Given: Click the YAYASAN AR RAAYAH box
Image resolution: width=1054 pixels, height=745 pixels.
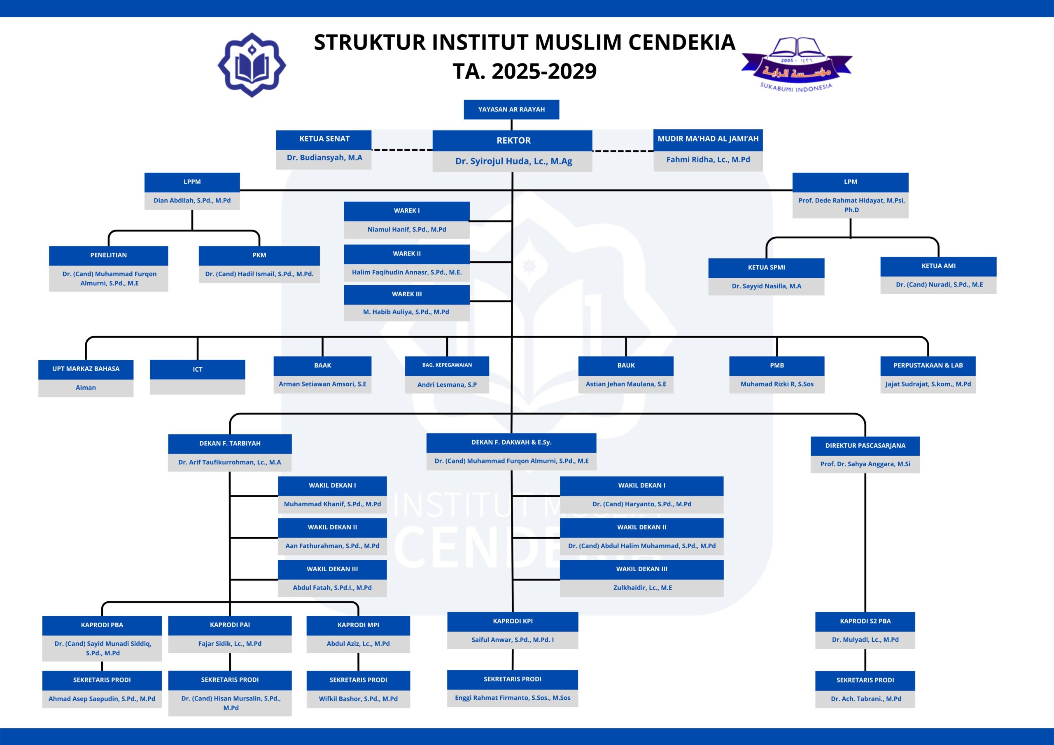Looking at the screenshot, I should [511, 109].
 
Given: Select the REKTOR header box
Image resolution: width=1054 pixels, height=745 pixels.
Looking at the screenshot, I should [512, 140].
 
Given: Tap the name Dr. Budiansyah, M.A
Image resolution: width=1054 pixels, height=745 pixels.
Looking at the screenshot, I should [324, 158].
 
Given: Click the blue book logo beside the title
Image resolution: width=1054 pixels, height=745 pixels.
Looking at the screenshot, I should [252, 65].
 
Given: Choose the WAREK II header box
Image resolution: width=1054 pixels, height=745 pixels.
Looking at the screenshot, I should [406, 254].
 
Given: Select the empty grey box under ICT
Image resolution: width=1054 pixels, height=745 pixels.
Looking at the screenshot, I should [197, 386].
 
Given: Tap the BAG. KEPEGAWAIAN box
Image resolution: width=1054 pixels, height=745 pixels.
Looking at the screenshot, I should [447, 365].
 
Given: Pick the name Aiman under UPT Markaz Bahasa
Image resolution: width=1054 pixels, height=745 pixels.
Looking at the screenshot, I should [86, 387].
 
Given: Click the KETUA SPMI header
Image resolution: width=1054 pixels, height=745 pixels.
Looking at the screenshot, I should [766, 267].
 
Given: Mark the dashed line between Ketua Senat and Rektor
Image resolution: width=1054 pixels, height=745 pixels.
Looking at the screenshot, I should [402, 150].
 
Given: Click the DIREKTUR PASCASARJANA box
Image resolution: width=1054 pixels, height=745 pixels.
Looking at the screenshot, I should [865, 445].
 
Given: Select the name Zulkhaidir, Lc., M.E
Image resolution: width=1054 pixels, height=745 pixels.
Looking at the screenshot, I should [642, 587].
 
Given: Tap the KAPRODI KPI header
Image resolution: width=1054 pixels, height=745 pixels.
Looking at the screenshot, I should [512, 621].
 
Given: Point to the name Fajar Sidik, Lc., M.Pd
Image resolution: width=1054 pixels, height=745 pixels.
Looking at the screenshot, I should [229, 644].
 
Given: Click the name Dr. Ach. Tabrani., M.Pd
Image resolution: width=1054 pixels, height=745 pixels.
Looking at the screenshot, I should [865, 698].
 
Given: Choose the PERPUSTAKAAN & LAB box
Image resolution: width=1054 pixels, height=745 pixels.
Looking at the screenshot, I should [928, 366].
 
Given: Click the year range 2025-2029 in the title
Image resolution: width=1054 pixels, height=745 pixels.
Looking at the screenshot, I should [544, 71].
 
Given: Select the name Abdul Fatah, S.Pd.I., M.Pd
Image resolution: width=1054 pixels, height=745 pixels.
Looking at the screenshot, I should [332, 587].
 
